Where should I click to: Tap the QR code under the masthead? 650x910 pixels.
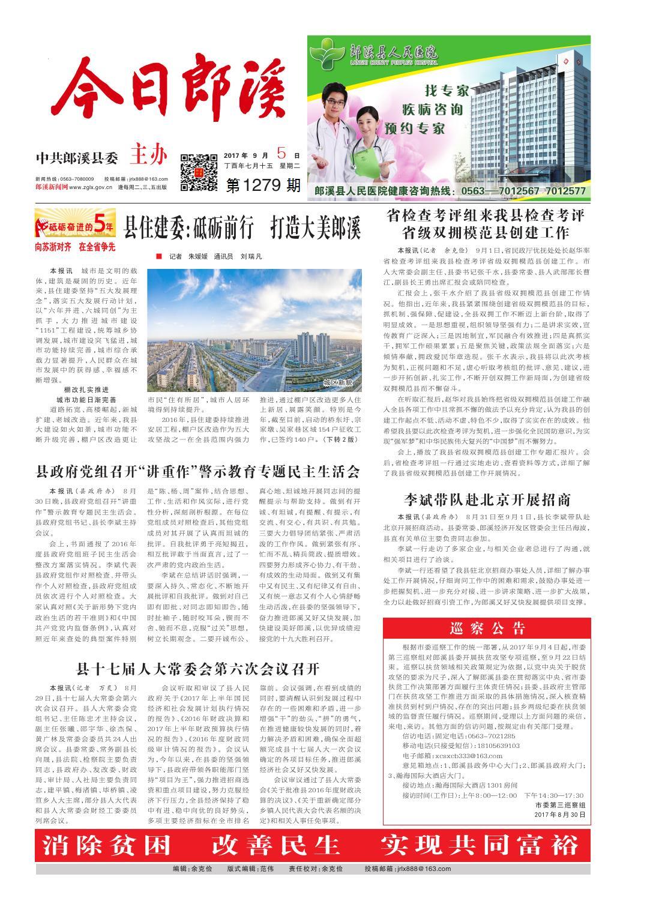[x=199, y=172]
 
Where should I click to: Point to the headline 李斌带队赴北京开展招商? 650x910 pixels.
[x=486, y=499]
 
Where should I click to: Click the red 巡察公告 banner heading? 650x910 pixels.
[x=486, y=628]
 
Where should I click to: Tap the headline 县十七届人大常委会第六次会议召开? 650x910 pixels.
[x=198, y=668]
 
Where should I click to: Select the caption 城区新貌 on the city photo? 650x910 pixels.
[x=338, y=382]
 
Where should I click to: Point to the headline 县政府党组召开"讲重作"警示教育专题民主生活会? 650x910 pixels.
[x=198, y=470]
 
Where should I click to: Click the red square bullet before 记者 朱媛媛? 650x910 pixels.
[x=158, y=256]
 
